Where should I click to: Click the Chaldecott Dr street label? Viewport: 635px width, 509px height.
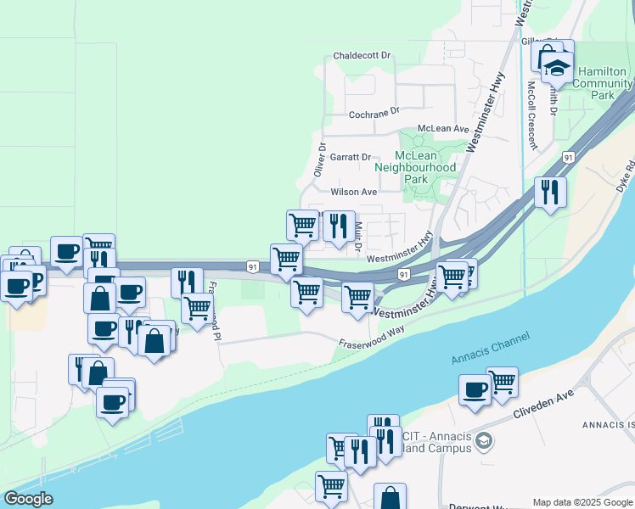coord(362,55)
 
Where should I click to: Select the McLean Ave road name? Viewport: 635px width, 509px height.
coord(444,129)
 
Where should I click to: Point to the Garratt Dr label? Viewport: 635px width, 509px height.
coord(351,157)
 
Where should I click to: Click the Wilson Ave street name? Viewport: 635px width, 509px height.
coord(353,193)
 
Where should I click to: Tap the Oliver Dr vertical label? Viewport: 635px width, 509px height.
coord(321,159)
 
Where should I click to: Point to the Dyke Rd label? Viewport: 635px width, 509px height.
coord(626,174)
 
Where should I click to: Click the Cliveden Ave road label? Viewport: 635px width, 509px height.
coord(543,406)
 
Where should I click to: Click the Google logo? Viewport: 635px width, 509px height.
coord(28,499)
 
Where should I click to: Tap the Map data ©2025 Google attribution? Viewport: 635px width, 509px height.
coord(582,502)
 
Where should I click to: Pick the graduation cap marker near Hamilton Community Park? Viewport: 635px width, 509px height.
coord(558,66)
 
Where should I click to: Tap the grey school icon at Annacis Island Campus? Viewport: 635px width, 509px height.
coord(484,440)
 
